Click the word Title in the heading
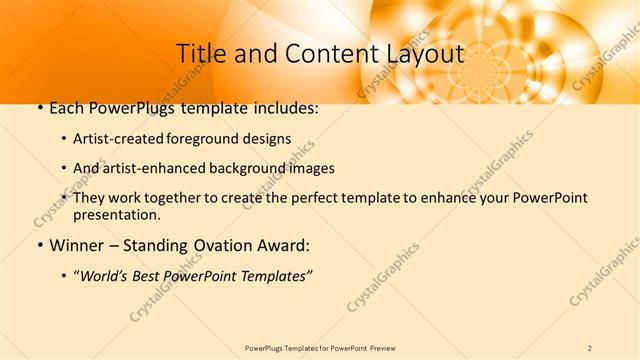199,54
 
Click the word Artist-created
113,139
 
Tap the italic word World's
103,275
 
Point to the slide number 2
590,348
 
